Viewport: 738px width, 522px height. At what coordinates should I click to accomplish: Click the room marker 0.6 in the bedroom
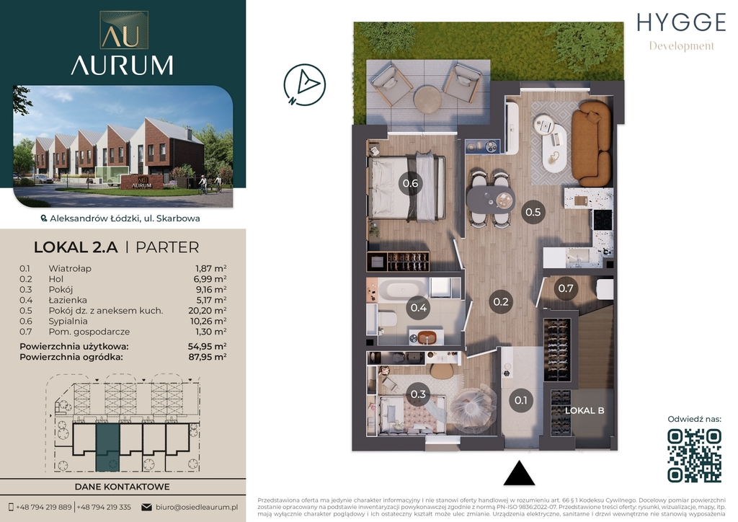(410, 183)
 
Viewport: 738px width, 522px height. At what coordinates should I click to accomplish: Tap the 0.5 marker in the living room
(533, 212)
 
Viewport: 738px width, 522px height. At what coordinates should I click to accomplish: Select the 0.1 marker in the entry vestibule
(520, 401)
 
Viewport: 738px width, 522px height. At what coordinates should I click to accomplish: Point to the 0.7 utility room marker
(565, 288)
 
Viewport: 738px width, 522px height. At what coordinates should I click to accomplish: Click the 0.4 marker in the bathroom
(419, 308)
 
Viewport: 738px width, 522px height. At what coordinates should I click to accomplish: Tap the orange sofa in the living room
(591, 144)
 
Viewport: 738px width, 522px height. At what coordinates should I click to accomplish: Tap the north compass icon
(305, 85)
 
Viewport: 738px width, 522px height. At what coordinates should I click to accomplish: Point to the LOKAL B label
(584, 410)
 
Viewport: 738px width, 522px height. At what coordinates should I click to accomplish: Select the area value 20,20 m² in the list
(207, 311)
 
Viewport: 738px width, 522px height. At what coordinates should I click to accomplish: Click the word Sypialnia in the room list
(68, 322)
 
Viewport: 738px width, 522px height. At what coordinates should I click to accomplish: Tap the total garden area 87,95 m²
(207, 357)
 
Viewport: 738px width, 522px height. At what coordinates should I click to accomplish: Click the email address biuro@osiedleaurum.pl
(197, 508)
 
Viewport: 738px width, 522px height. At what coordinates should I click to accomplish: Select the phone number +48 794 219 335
(104, 508)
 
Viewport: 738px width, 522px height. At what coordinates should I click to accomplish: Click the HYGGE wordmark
(682, 22)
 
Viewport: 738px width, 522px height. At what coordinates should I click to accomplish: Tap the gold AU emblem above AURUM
(124, 30)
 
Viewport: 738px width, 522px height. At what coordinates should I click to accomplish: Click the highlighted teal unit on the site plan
(107, 447)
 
